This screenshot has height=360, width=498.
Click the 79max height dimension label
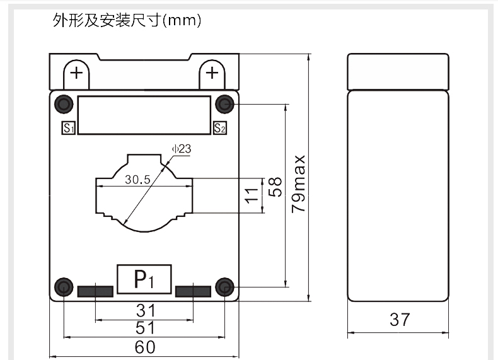299,183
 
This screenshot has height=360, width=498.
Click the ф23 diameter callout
180,149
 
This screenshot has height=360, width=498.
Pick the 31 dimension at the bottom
145,310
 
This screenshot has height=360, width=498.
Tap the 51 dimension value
145,328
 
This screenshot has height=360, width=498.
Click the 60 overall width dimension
145,347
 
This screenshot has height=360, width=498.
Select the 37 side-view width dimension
399,320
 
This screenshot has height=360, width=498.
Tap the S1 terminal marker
68,129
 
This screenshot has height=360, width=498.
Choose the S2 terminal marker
219,129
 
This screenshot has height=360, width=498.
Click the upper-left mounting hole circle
64,103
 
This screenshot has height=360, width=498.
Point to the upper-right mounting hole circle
224,103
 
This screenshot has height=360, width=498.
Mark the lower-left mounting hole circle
64,287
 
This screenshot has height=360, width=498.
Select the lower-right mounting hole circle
224,287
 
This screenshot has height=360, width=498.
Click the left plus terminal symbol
77,73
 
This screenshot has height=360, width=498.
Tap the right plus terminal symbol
212,73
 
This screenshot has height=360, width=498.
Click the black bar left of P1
95,291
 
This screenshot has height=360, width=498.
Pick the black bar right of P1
193,291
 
